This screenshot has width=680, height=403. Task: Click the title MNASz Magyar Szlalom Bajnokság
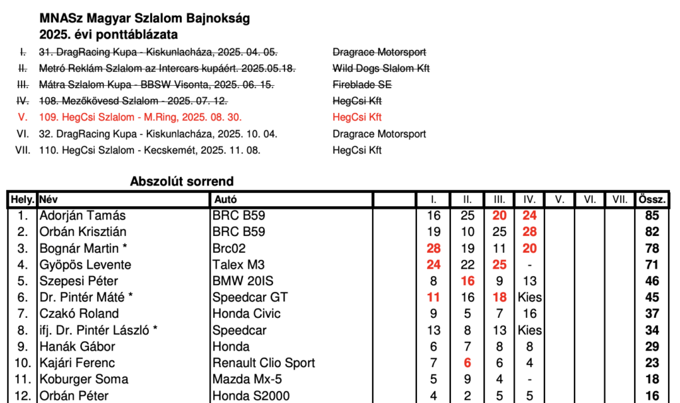coord(144,19)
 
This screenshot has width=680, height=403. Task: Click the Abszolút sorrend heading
coord(182,182)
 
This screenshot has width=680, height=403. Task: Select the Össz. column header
coord(651,199)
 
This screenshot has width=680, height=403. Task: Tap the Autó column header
coord(224,199)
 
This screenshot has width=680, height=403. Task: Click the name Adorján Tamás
coord(82,215)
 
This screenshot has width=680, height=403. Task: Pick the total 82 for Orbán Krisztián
coord(651,231)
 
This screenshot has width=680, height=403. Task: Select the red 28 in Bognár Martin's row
coord(434,248)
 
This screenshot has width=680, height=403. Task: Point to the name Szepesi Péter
coord(78,281)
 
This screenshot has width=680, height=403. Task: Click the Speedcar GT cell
coord(250,297)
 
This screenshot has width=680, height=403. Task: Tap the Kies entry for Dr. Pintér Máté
coord(529,297)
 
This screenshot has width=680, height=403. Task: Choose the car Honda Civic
coord(246,314)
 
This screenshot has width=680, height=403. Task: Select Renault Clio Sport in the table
coord(264,363)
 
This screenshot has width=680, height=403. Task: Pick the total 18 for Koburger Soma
coord(651,379)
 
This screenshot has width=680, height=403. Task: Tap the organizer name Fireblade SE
coord(362,84)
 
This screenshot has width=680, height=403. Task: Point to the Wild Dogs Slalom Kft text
coord(381,68)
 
